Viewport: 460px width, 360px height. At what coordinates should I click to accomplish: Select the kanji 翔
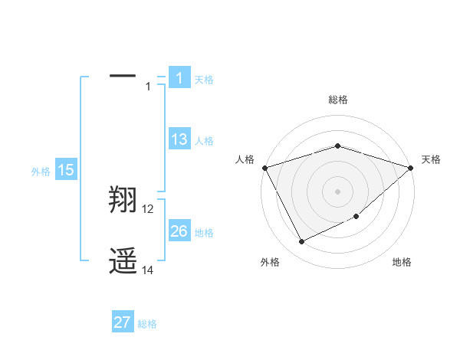tap(123, 201)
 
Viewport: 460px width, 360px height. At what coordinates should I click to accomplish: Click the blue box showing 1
tap(179, 77)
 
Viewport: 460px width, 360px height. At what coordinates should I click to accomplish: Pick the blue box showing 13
tap(179, 139)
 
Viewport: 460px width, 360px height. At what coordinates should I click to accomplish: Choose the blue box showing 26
tap(179, 231)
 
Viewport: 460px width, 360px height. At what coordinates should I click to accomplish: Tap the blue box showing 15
tap(66, 170)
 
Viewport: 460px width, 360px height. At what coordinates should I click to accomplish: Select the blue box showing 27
tap(123, 322)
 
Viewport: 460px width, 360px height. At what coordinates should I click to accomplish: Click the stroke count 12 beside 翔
tap(148, 209)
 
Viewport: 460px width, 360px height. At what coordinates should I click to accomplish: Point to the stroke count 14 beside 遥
tap(148, 270)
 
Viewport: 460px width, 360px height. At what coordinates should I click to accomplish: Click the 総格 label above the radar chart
tap(338, 100)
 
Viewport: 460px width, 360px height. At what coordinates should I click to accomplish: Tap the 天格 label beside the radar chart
tap(431, 159)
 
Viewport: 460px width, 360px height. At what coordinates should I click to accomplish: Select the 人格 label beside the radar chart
tap(245, 159)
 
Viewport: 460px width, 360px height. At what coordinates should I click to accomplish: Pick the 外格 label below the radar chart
tap(270, 262)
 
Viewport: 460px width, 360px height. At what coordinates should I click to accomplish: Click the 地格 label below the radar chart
tap(402, 262)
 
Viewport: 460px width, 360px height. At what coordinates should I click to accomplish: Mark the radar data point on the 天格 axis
tap(411, 168)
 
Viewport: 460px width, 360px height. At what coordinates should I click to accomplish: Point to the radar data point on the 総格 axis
tap(338, 146)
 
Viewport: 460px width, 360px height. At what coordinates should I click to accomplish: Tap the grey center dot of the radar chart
tap(338, 191)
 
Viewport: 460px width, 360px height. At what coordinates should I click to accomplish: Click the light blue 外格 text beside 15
tap(41, 172)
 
